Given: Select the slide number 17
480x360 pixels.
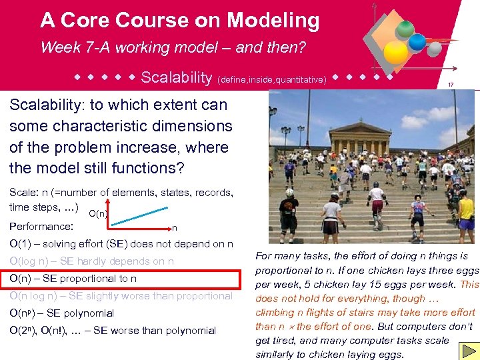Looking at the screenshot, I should [x=451, y=85].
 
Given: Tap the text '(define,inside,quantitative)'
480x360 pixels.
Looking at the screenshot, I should [x=271, y=79].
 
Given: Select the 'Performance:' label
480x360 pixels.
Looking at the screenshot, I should [x=41, y=226].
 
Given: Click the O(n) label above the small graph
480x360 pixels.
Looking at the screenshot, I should [x=98, y=214].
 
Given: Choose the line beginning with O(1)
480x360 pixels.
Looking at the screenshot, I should [x=120, y=243].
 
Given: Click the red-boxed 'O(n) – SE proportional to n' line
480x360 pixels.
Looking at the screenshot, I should [x=73, y=279].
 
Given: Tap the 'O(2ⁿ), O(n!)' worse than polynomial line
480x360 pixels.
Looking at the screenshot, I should [x=113, y=331].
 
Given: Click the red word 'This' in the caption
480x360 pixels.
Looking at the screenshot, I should [x=469, y=284].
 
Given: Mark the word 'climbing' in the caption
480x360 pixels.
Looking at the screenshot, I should [x=277, y=312].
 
